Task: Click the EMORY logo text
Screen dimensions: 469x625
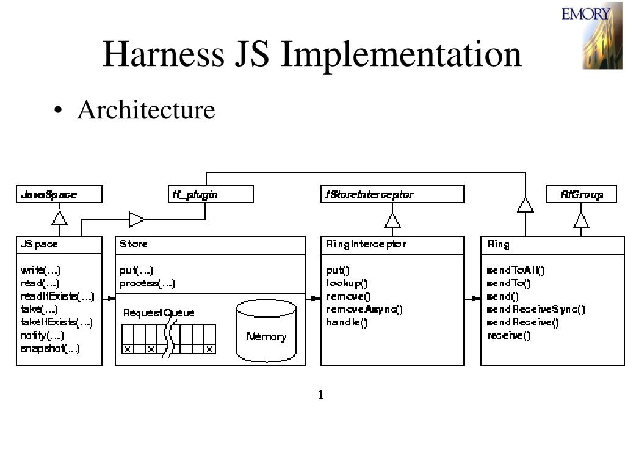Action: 586,13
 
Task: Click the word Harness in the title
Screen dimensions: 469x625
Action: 162,54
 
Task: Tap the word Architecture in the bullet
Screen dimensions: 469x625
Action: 146,111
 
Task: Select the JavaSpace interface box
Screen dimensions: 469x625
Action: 59,195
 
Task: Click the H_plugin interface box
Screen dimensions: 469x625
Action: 211,195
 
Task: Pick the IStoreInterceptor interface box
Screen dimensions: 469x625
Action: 392,195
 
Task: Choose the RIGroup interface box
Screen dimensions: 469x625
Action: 581,195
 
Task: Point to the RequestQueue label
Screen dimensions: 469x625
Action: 159,313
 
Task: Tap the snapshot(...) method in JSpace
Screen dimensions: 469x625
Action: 50,349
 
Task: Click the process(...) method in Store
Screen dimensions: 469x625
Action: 147,283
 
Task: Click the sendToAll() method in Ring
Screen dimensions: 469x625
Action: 516,271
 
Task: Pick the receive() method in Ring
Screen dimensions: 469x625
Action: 508,335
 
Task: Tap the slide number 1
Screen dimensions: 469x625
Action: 320,394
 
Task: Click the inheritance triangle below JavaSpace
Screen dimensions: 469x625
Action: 59,218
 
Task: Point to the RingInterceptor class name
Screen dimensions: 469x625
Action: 366,244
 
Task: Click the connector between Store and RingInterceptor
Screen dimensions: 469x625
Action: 313,298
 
